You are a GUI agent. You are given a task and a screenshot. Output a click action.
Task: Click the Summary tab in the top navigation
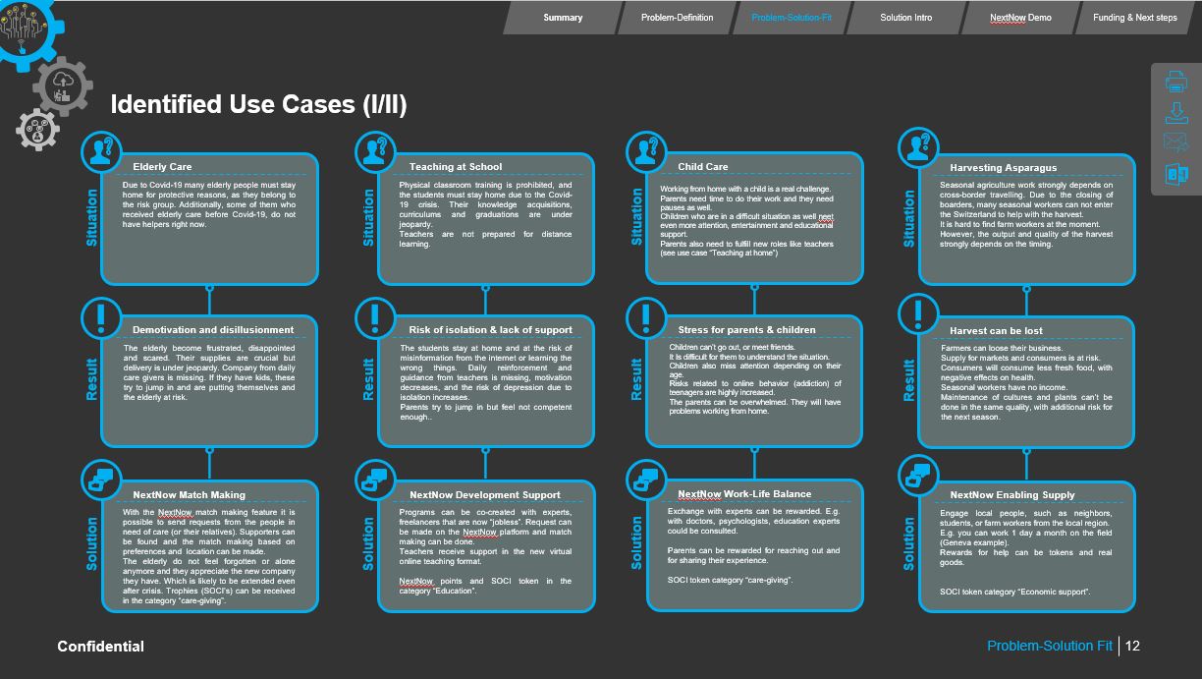tap(563, 18)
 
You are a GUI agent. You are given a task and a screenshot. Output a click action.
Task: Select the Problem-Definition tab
tap(677, 18)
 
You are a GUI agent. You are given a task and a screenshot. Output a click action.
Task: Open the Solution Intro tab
tap(905, 18)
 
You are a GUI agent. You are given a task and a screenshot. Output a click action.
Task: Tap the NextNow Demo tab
tap(1019, 18)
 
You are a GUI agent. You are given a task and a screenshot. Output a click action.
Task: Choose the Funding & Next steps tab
tap(1134, 18)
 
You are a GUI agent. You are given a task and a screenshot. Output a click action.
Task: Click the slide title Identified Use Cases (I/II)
tap(258, 104)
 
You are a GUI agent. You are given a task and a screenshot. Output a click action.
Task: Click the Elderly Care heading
tap(162, 167)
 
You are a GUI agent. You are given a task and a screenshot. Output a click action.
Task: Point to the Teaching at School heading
tap(455, 167)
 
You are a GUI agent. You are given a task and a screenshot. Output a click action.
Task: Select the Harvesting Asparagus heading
tap(1003, 168)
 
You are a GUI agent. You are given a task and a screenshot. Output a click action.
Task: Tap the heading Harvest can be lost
tap(996, 331)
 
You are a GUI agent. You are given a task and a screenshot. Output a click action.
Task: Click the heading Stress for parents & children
tap(746, 330)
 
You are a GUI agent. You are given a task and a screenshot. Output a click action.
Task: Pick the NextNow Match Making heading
tap(189, 495)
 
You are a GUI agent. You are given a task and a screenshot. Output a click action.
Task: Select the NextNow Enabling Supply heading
tap(1011, 495)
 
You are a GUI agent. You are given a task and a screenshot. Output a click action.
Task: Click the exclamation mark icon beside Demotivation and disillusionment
tap(100, 316)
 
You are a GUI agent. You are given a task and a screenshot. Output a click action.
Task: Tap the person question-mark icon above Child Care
tap(645, 150)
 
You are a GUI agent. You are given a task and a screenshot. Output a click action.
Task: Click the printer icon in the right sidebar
tap(1176, 83)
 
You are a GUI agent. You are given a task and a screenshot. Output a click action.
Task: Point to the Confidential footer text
tap(100, 646)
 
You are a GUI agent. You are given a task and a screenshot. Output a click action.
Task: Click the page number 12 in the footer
tap(1132, 646)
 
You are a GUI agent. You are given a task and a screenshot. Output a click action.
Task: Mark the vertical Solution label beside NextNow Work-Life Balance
tap(637, 542)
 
